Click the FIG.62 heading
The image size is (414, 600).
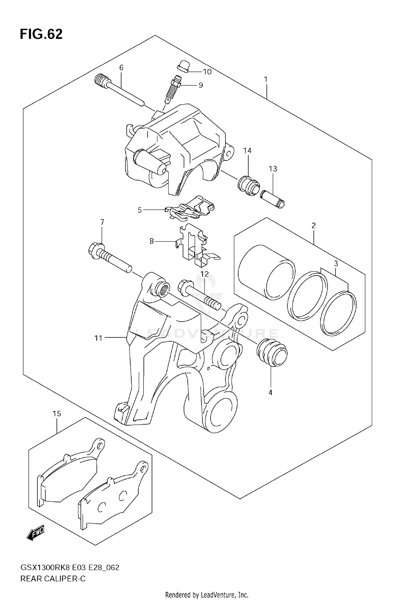tap(41, 35)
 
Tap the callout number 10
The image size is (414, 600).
tap(207, 72)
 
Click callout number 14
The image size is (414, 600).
tap(247, 151)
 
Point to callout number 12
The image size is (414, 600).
tap(205, 274)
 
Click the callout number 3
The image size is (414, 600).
tap(336, 264)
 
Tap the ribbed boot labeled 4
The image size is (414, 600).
tap(272, 354)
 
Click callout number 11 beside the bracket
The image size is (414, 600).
tap(99, 338)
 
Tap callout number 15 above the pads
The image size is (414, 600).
tap(57, 414)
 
